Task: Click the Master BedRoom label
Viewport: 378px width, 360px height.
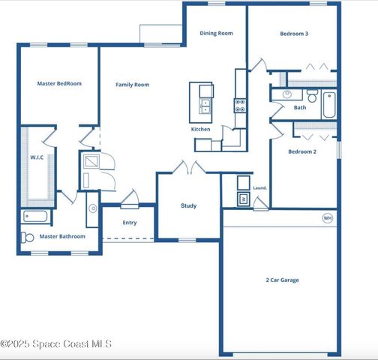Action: tap(59, 83)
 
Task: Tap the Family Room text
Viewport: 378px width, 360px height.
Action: tap(132, 85)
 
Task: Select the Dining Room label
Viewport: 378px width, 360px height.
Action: tap(216, 33)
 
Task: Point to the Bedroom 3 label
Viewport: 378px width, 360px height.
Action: tap(294, 34)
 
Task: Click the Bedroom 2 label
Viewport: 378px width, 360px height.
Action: tap(302, 151)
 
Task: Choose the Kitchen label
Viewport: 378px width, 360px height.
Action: tap(201, 129)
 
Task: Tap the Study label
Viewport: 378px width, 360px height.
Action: tap(189, 205)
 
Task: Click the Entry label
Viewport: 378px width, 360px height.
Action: tap(130, 222)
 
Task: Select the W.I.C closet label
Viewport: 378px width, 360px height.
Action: tap(37, 157)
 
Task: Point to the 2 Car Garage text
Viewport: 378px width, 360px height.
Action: tap(282, 280)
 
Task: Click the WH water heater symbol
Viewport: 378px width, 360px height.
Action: tap(327, 218)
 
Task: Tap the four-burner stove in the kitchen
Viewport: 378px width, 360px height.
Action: tap(240, 105)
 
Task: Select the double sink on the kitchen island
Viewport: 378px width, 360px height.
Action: tap(205, 106)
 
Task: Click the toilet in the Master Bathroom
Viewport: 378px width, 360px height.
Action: tap(27, 237)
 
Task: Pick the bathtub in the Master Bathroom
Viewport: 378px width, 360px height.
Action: tap(35, 217)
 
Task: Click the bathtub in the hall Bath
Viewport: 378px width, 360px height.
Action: tap(329, 105)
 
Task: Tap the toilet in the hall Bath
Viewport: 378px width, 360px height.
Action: tap(312, 96)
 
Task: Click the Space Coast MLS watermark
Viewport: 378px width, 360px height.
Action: tap(56, 343)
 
